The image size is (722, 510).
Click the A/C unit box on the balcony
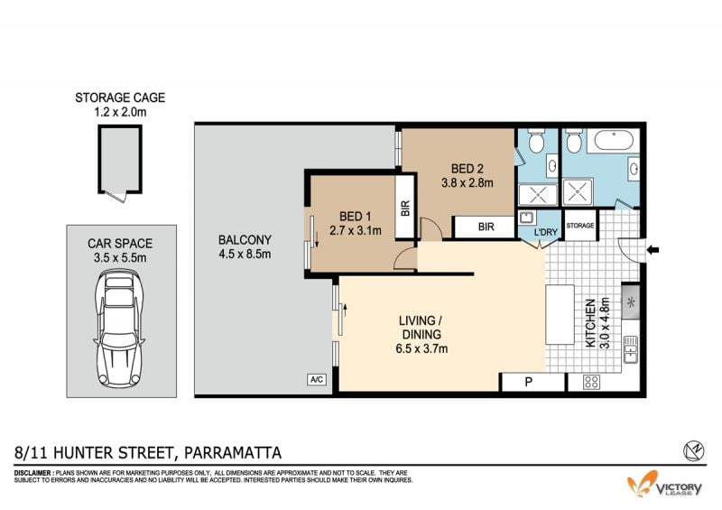pos(317,380)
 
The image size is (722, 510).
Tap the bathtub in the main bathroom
pos(614,140)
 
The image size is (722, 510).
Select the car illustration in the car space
pos(119,328)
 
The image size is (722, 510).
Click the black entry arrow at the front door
pos(653,250)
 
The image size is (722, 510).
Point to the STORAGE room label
pos(580,226)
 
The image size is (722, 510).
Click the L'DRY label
pos(546,232)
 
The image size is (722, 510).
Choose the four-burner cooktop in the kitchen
pos(592,382)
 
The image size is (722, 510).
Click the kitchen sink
pos(630,349)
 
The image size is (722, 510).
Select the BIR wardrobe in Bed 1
pos(405,207)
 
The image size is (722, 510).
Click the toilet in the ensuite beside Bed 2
pos(536,141)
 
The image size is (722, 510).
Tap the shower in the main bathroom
pos(578,192)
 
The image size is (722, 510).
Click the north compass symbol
pos(694,450)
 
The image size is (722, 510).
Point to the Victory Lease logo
pos(665,484)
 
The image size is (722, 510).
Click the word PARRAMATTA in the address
pos(233,453)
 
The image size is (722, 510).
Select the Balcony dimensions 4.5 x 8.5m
pos(245,255)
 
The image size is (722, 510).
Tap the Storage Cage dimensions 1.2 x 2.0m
pos(120,112)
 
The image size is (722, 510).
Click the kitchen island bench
pos(560,315)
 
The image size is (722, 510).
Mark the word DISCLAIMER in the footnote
pos(33,473)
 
